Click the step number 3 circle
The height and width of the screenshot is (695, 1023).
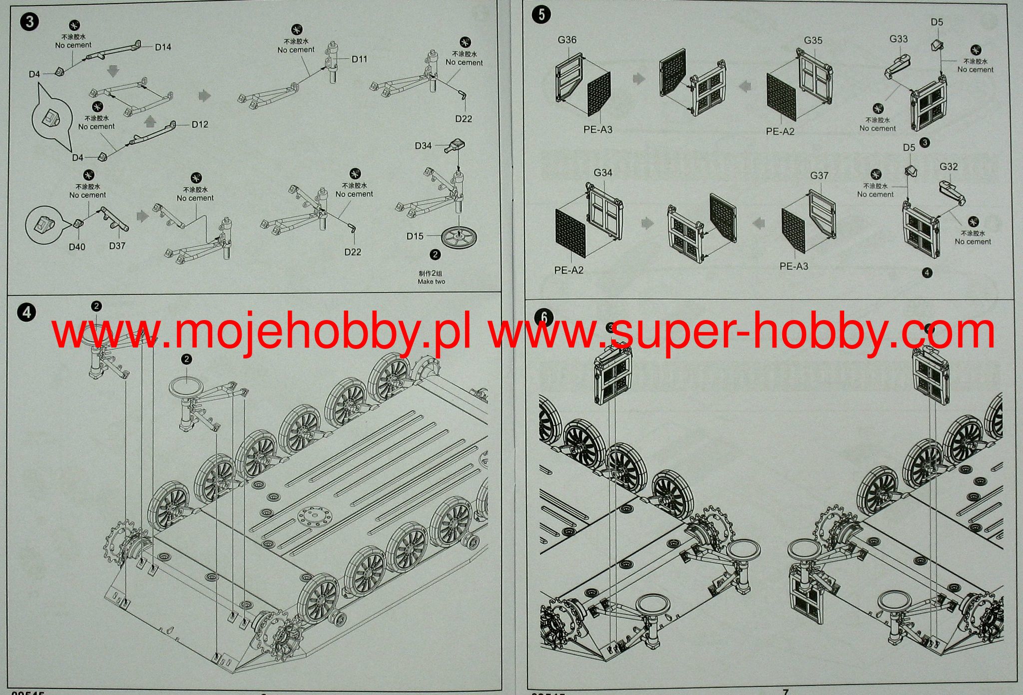30,22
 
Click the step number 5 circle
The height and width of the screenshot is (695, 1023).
542,15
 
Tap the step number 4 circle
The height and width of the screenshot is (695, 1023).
26,313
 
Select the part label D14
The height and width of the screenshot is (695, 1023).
163,47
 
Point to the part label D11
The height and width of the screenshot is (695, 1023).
359,59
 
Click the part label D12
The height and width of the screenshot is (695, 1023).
200,124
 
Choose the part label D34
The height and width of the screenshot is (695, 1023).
423,145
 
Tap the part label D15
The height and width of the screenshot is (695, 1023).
415,236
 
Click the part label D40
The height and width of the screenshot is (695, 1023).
77,247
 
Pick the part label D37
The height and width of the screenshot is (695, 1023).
117,246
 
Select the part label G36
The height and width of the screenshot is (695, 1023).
567,39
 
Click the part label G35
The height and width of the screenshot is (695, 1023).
813,40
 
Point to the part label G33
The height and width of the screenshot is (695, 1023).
899,38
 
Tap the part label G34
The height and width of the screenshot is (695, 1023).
603,173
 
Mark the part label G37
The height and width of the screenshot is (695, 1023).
819,175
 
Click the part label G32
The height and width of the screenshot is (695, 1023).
949,166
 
